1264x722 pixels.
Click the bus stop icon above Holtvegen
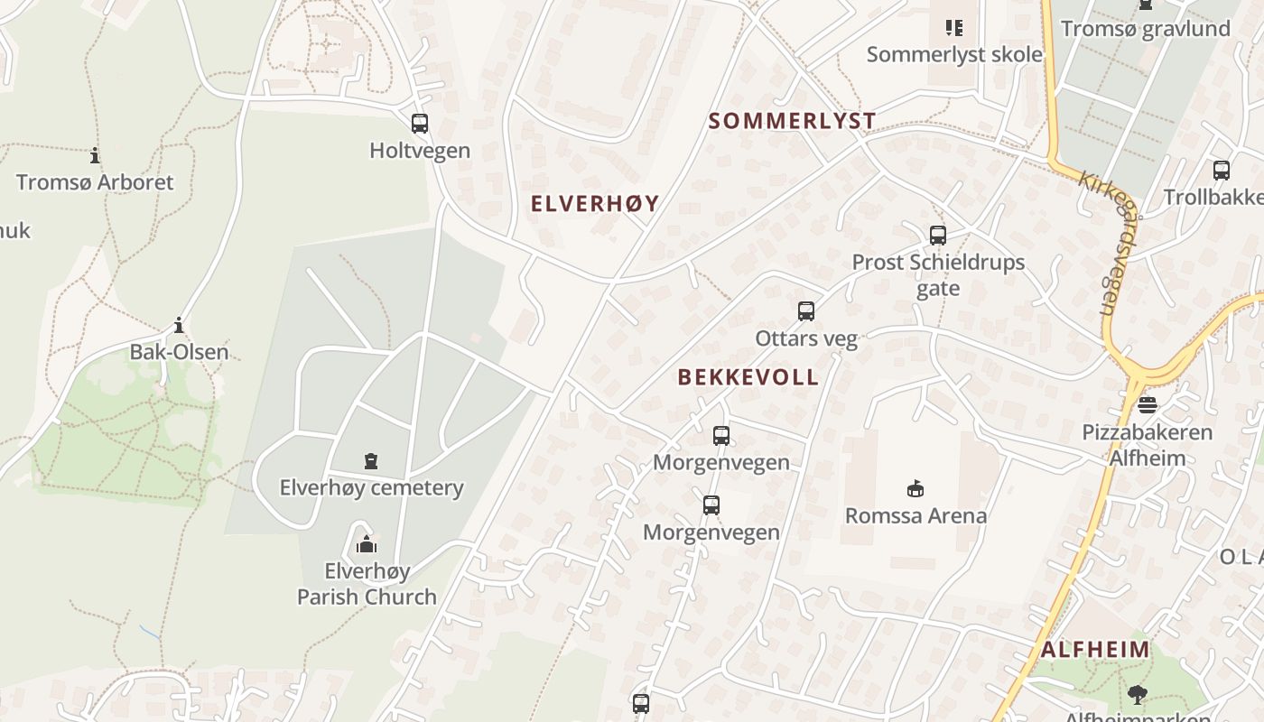(420, 124)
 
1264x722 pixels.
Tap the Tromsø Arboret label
(95, 181)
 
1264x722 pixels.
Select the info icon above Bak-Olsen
(179, 326)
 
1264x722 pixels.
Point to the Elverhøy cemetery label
(371, 488)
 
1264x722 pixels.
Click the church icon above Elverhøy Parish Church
(367, 544)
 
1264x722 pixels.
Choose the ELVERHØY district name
(595, 204)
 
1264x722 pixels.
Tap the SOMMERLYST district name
(792, 121)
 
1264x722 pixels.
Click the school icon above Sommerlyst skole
(954, 28)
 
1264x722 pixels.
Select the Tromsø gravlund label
(1145, 29)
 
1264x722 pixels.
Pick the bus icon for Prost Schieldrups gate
(938, 236)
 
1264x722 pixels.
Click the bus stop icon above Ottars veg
(806, 311)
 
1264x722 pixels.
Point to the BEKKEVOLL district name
(748, 377)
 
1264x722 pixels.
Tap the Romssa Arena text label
(915, 516)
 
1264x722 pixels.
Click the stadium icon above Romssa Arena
(915, 489)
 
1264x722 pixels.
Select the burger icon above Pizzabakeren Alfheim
(1148, 405)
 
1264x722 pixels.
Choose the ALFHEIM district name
(1095, 650)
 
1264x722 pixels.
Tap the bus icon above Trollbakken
(1222, 170)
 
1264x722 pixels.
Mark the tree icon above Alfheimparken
(1137, 694)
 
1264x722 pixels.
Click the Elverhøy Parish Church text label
(367, 584)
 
